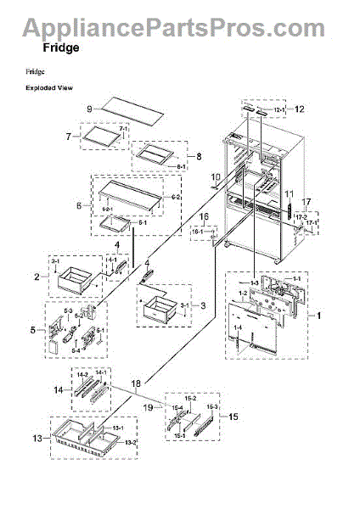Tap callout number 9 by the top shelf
pyautogui.click(x=89, y=109)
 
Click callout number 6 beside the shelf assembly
pyautogui.click(x=79, y=205)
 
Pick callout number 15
pyautogui.click(x=233, y=417)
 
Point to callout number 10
pyautogui.click(x=216, y=177)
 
